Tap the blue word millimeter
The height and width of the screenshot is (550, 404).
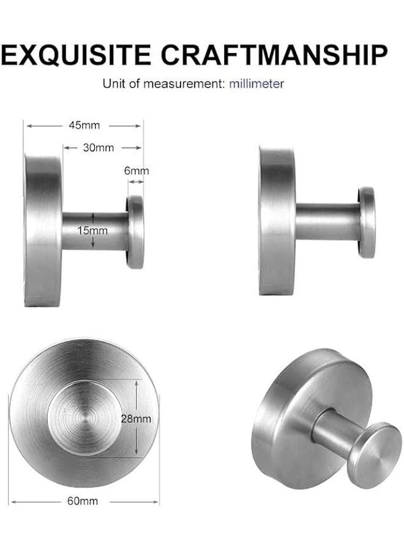(257, 84)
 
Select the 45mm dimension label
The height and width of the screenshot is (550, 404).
(84, 126)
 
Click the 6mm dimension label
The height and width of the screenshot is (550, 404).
(137, 171)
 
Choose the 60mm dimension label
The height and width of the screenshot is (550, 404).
(84, 502)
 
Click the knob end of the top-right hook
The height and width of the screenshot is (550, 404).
(367, 222)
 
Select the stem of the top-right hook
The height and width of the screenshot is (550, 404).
(327, 222)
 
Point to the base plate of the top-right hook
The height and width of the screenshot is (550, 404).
(277, 222)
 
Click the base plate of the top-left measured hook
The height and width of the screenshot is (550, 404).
(43, 231)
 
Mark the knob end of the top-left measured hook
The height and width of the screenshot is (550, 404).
(135, 232)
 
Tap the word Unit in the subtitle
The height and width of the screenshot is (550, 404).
(113, 84)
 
